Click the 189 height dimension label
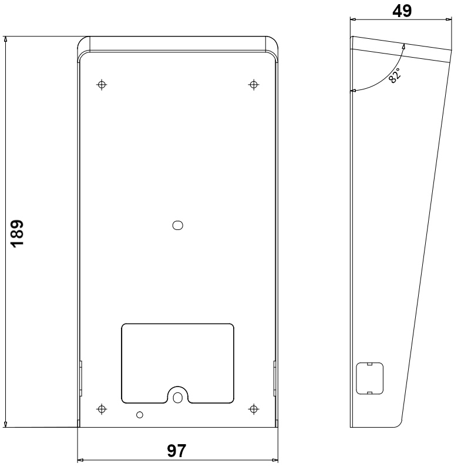17,234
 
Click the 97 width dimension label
177,451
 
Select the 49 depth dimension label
402,11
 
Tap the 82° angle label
395,75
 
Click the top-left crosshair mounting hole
102,85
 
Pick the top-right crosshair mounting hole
254,85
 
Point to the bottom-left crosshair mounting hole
102,409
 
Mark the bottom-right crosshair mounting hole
254,409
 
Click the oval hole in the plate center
178,225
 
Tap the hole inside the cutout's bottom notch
178,398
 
